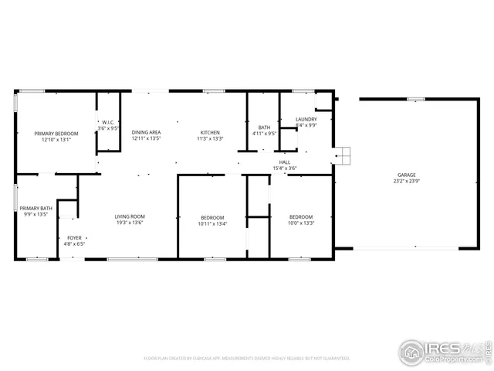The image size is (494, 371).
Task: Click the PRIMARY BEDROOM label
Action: [56, 134]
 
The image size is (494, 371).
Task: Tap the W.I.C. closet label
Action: [109, 122]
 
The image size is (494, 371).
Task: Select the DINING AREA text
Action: [146, 133]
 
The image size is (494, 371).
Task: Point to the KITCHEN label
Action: [210, 133]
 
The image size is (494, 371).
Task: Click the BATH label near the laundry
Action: [264, 128]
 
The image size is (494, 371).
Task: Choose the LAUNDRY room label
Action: [306, 119]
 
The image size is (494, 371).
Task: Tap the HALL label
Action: [285, 162]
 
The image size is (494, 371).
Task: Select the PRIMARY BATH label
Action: [36, 208]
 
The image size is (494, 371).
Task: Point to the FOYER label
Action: [74, 237]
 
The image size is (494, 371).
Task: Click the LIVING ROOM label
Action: [130, 217]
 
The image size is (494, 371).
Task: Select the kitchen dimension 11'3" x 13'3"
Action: [210, 139]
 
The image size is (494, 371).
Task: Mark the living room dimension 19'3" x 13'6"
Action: [130, 223]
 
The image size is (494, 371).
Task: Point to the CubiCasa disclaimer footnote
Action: [247, 359]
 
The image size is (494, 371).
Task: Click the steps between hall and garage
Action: [343, 155]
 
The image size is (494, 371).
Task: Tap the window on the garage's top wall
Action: [416, 99]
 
